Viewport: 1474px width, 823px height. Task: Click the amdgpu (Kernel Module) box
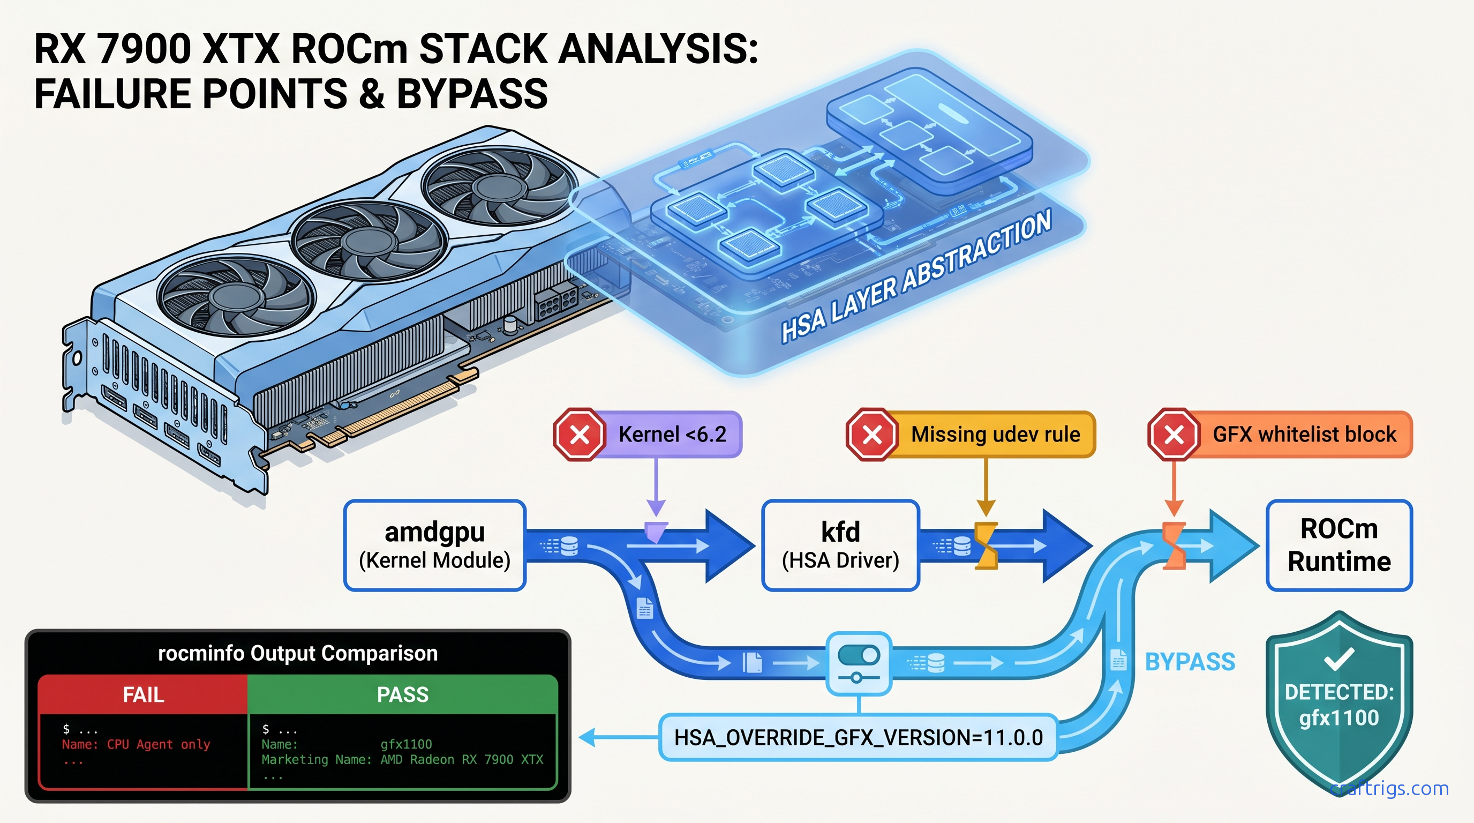[x=435, y=545]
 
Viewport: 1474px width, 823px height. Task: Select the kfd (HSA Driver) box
[x=840, y=545]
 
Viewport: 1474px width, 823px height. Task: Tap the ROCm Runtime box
[x=1339, y=545]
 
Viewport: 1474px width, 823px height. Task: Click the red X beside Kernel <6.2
[x=580, y=435]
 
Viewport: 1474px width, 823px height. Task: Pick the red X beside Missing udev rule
[x=872, y=435]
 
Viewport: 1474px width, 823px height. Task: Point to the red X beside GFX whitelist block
[x=1174, y=435]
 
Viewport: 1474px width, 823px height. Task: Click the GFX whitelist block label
[x=1304, y=435]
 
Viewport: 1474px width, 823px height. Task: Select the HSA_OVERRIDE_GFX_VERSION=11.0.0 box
[x=858, y=737]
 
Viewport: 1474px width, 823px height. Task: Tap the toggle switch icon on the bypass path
[x=858, y=656]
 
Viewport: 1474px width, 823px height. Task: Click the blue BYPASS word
[x=1190, y=662]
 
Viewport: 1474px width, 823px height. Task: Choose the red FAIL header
[x=143, y=694]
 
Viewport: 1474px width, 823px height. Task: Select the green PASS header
[x=402, y=694]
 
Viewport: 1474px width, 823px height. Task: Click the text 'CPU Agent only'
[x=159, y=744]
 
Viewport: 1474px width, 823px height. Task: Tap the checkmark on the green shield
[x=1338, y=658]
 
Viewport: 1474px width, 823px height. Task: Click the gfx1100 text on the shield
[x=1338, y=717]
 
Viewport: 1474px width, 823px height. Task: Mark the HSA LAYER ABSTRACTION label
[x=915, y=276]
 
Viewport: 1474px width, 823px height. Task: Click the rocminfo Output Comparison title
[x=298, y=653]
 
